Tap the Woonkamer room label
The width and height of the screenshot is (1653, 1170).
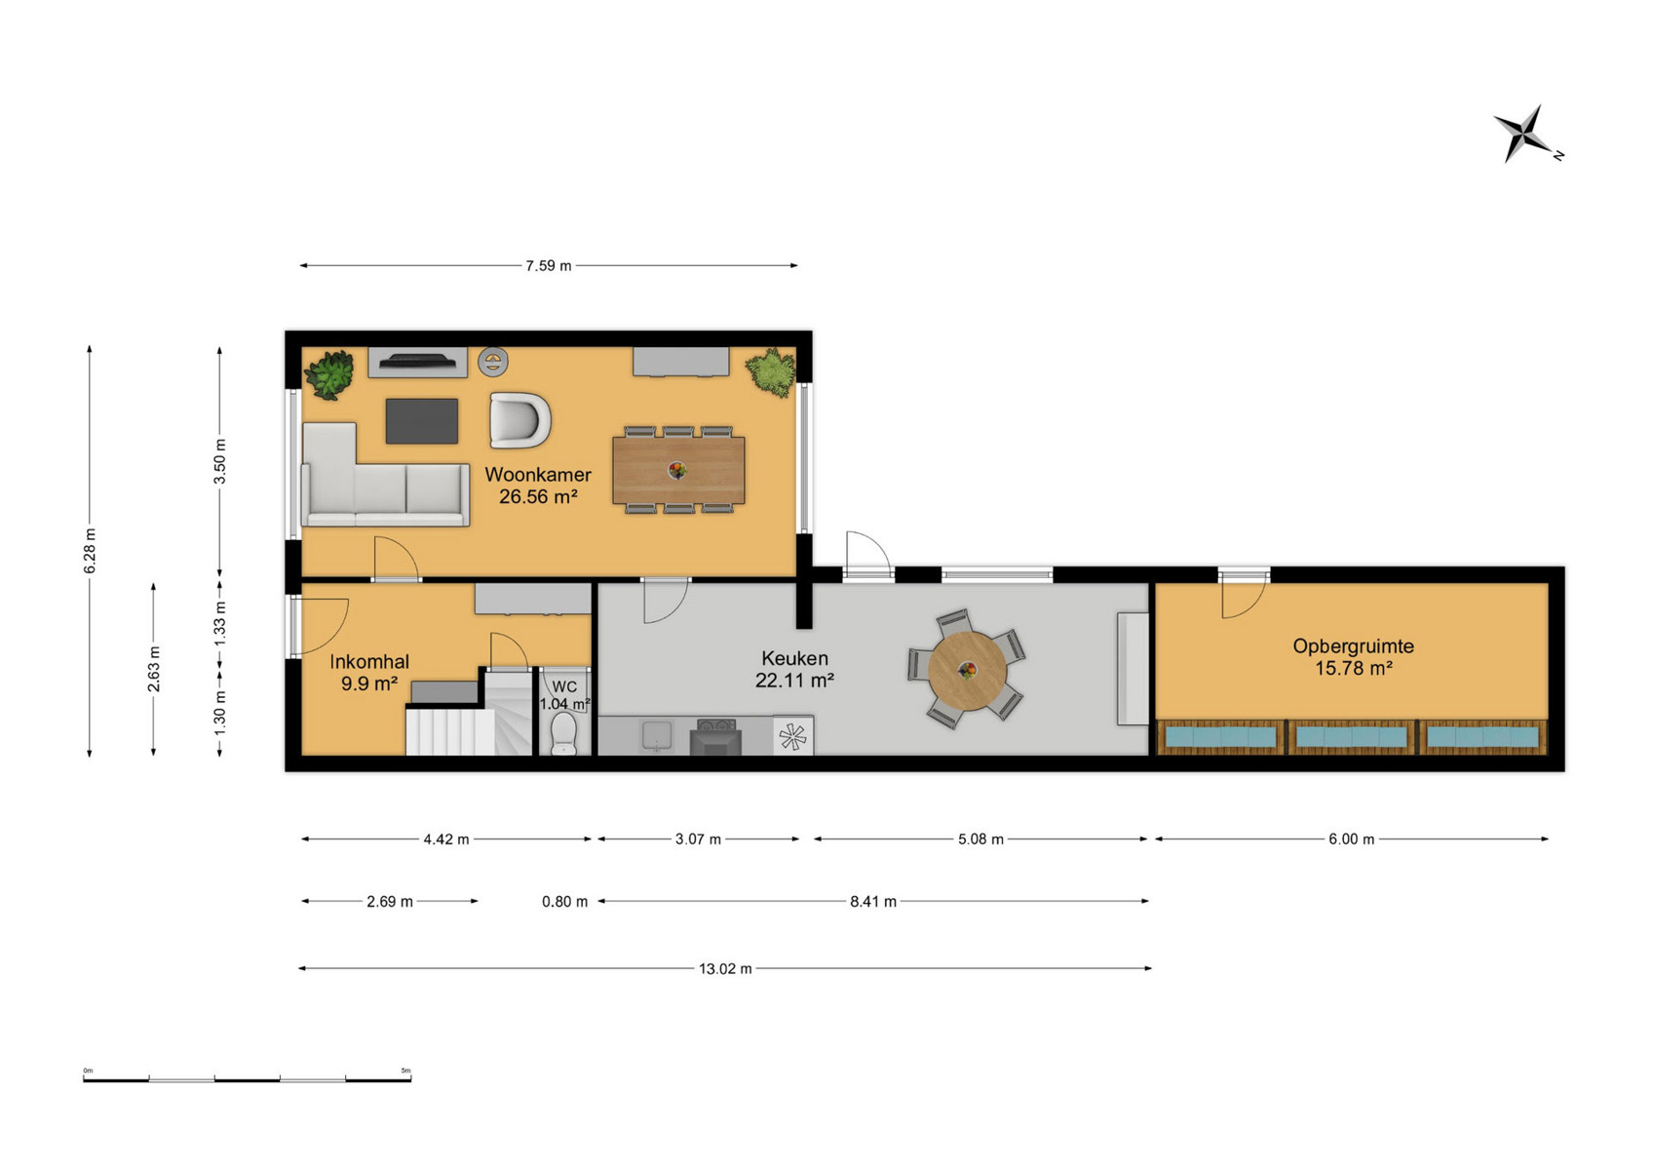coord(538,474)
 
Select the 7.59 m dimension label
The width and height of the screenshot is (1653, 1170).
coord(549,266)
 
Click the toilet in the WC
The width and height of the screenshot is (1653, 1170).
coord(563,733)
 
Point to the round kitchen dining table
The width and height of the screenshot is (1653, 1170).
coord(967,670)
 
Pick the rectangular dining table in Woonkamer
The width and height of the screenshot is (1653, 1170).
coord(678,470)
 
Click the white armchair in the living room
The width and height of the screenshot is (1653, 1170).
coord(519,420)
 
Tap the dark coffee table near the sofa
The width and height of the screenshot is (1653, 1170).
coord(421,421)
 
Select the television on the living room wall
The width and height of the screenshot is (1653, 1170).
coord(418,361)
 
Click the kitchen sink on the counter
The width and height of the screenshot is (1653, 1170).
coord(656,735)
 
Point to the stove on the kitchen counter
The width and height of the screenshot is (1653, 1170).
coord(715,736)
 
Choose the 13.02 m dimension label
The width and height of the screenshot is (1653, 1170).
coord(725,968)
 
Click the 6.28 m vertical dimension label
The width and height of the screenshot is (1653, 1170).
coord(90,551)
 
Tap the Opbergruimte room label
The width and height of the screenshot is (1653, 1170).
coord(1354,645)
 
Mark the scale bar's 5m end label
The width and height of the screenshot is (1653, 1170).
coord(405,1071)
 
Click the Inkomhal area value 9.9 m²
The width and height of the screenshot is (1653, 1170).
coord(369,683)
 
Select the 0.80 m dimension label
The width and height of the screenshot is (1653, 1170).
coord(564,901)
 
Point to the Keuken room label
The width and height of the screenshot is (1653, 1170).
coord(794,658)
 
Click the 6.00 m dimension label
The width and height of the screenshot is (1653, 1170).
coord(1351,839)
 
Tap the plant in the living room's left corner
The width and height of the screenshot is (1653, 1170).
coord(329,375)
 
